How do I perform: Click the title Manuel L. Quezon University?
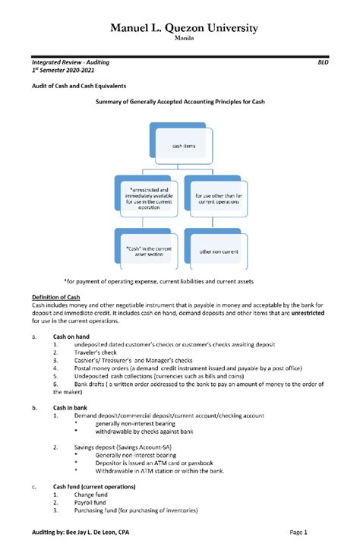tap(185, 28)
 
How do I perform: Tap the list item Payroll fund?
tap(93, 502)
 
